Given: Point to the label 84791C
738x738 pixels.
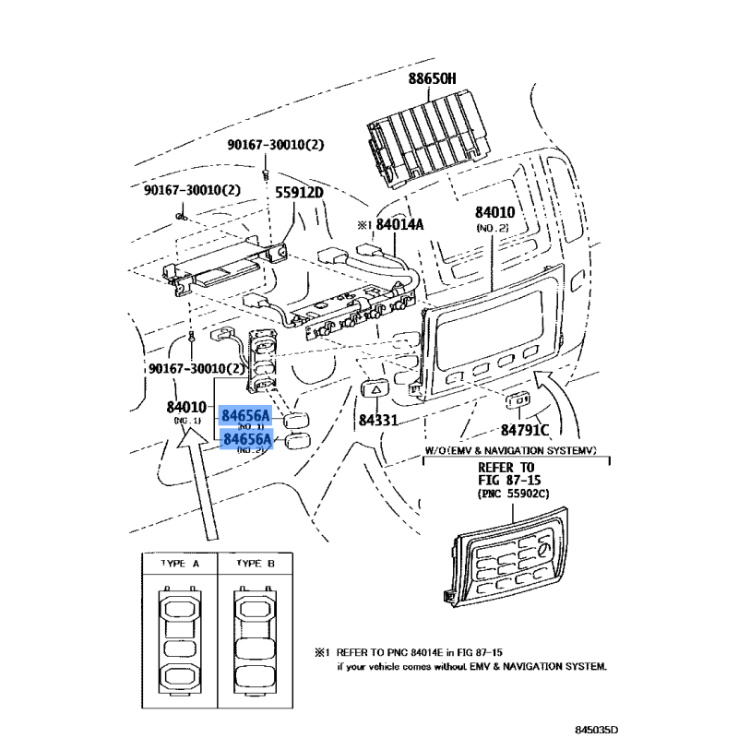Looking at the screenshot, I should click(526, 429).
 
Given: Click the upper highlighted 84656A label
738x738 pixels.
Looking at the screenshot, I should click(246, 417).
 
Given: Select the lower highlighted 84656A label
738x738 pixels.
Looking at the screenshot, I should click(246, 440).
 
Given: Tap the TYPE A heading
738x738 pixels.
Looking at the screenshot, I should click(179, 562).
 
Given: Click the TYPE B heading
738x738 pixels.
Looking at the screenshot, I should click(256, 562).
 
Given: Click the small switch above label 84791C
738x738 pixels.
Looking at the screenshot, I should click(516, 400).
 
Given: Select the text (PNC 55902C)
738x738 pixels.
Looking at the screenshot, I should click(514, 494).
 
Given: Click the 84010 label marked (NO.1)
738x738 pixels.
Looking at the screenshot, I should click(186, 407).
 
